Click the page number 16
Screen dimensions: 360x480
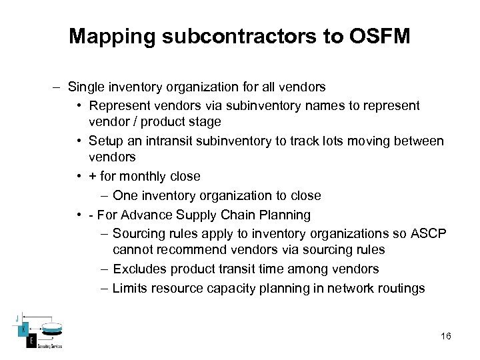click(446, 336)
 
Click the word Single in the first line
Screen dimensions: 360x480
click(85, 87)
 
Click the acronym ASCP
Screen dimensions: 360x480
click(431, 233)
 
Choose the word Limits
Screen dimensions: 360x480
click(131, 288)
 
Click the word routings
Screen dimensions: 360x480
click(401, 288)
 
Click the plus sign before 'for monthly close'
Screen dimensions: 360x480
click(93, 177)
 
